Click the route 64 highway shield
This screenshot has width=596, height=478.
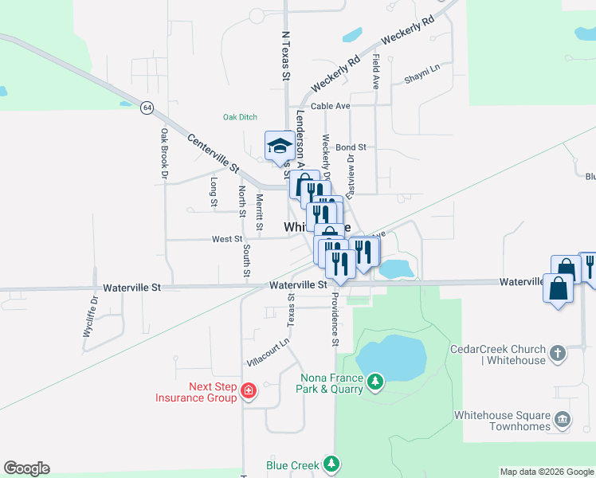147,107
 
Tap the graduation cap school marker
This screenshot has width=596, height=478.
279,146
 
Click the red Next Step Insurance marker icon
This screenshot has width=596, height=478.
249,390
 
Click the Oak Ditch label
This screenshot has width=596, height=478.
240,117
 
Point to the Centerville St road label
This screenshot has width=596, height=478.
214,153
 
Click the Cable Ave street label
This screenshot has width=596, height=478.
331,105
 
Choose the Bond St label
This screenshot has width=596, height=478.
351,147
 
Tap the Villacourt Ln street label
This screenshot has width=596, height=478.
268,351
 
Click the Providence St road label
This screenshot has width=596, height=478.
336,319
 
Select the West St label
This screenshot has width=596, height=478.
227,239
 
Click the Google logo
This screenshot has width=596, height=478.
26,468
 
